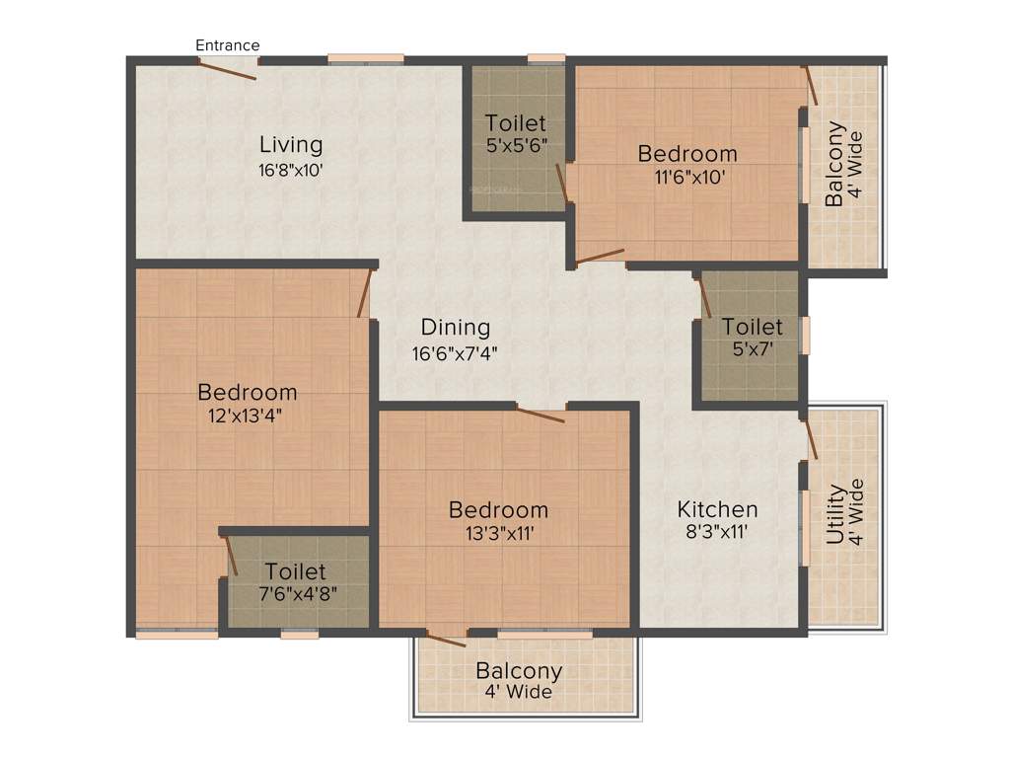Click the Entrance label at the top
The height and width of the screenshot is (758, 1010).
click(228, 45)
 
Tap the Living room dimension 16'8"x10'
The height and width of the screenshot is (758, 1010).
click(290, 170)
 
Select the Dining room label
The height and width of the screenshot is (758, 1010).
click(456, 327)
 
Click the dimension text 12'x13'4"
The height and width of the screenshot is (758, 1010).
click(247, 415)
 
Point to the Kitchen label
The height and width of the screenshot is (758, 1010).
click(717, 509)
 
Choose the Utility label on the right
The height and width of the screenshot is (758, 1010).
click(835, 513)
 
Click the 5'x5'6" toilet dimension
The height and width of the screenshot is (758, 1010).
click(516, 146)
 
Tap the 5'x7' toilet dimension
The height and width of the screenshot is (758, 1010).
click(753, 349)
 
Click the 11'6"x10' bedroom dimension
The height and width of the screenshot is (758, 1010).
click(687, 178)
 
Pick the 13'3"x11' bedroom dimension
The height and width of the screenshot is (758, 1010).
click(498, 534)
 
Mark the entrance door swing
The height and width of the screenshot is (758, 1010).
click(229, 69)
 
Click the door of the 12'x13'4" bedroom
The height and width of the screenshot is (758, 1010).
click(364, 292)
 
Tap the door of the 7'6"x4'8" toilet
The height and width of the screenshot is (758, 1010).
click(232, 556)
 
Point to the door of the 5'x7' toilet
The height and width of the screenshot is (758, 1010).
click(704, 296)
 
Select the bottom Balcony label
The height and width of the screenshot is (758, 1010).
click(519, 671)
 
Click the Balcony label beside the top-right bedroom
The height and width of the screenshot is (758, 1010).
click(835, 163)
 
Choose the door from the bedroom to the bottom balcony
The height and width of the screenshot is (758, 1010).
click(446, 639)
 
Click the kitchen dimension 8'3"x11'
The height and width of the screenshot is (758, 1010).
click(717, 534)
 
